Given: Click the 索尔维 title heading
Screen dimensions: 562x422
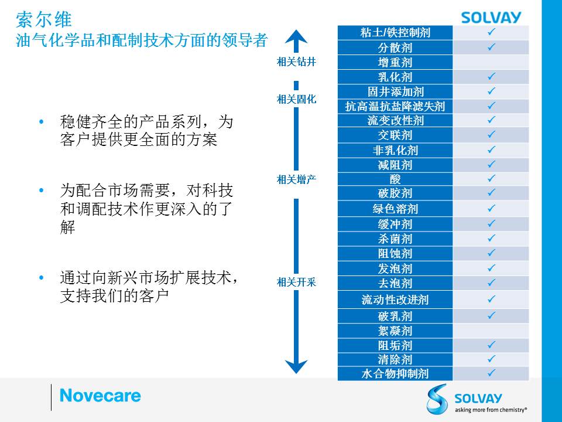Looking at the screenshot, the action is [x=44, y=19].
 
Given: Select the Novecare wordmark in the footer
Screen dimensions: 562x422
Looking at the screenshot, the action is [x=100, y=396].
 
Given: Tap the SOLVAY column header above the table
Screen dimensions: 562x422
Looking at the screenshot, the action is [x=491, y=17].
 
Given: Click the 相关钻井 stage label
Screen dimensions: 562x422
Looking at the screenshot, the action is [x=296, y=62].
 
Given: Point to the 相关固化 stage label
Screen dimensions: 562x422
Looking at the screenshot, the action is [x=296, y=99].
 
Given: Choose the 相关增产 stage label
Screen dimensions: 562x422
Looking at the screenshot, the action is [x=296, y=179].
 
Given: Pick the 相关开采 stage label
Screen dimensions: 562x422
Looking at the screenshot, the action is [x=296, y=283].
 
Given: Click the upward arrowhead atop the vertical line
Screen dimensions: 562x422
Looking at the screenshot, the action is [x=296, y=36].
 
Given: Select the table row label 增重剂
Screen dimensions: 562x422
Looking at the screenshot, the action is [x=395, y=63].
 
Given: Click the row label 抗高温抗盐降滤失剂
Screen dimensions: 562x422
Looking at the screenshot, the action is [x=395, y=106].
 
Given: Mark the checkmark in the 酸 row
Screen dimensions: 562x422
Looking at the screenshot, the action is [x=491, y=178].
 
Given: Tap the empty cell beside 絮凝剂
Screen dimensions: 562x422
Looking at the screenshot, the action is [x=491, y=331].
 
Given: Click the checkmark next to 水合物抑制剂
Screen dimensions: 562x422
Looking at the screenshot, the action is [x=491, y=373].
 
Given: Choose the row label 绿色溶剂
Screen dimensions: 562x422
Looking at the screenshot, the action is [x=395, y=209].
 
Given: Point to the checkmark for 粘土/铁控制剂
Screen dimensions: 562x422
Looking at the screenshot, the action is [x=491, y=32].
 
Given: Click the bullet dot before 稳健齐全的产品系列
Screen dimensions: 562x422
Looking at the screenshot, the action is [x=42, y=122].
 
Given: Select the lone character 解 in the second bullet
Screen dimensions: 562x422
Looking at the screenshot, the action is [x=67, y=227].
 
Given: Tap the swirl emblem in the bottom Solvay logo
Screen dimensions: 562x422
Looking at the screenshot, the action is [x=437, y=399].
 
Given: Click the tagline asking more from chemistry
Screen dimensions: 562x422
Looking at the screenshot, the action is [x=491, y=410].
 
